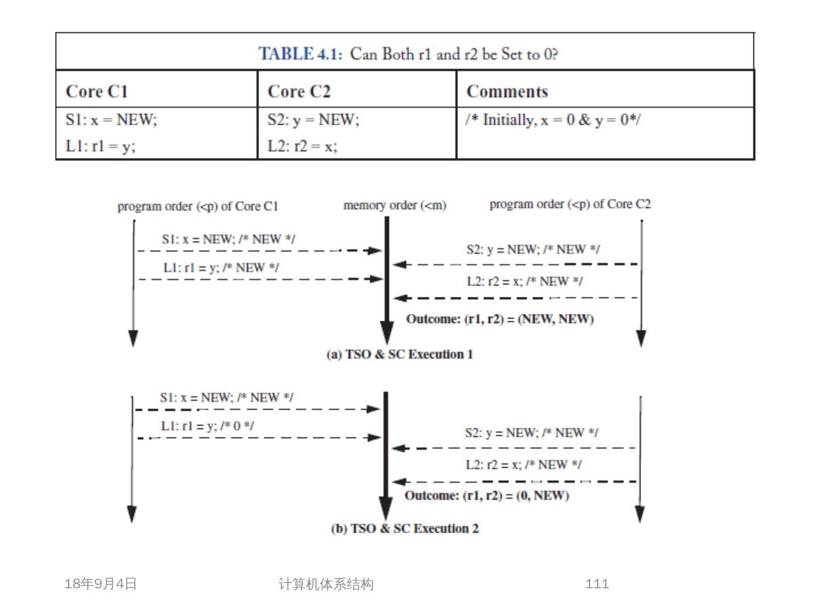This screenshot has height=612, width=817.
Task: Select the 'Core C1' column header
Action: coord(97,91)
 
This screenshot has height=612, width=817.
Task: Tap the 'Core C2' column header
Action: coord(299,91)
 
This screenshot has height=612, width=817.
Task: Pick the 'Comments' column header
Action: coord(507,91)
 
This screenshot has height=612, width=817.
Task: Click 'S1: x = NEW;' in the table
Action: coord(111,120)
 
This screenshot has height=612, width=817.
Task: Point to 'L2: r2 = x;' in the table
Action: coord(302,146)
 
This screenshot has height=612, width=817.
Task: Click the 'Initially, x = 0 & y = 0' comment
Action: coord(553,120)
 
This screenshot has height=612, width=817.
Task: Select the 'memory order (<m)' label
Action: coord(395,205)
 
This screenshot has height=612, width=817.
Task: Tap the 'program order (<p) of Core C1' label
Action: coord(198,206)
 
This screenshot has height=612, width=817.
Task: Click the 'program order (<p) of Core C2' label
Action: coord(570,204)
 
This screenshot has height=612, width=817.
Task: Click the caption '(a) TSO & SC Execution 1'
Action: coord(400,355)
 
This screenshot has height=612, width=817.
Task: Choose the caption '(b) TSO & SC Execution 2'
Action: coord(405,529)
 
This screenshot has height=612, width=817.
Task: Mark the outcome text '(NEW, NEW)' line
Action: coord(500,319)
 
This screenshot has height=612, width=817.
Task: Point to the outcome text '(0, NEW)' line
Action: coord(487,496)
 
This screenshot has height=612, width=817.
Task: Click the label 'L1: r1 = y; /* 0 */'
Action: coord(208,426)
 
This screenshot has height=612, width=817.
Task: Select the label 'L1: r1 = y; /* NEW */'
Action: coord(221,267)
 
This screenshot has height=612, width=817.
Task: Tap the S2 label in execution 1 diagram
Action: coord(533,249)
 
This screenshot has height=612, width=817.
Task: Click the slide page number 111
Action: coord(597,584)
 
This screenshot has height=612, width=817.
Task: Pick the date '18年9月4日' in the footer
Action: coord(101,584)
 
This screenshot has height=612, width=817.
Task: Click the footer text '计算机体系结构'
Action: coord(326,584)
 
